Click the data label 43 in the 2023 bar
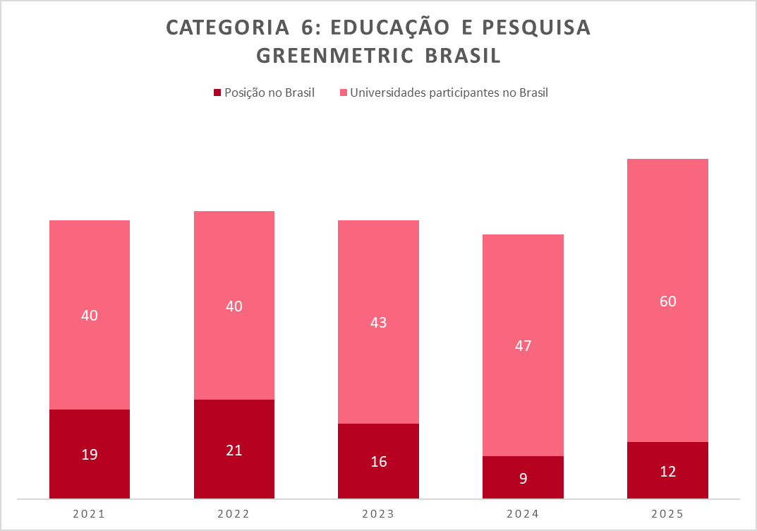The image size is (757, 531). pos(378,322)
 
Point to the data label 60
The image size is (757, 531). pos(667,302)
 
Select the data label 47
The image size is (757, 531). pos(523,346)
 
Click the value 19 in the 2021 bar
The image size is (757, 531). pos(90,455)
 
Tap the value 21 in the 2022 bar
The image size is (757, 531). pos(234,450)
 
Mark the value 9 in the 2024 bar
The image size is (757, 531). pos(523,478)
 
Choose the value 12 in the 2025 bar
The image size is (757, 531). pos(667,471)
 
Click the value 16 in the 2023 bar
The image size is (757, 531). pos(378,462)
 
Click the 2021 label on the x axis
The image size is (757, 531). pos(90,514)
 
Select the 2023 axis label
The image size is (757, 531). pos(378,514)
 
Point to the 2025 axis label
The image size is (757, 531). pos(667,514)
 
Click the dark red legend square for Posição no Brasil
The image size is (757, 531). pos(217,93)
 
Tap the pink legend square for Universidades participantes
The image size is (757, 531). pos(344,93)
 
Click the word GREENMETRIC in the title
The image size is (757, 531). pos(335,56)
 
